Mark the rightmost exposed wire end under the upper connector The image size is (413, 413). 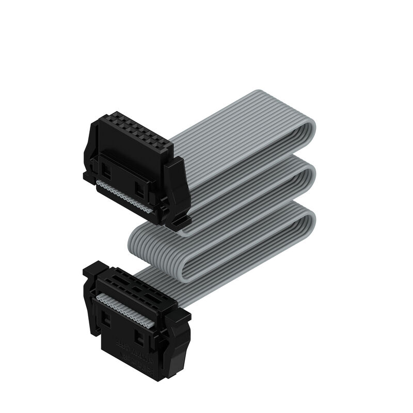[150, 211]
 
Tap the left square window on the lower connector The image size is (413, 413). [106, 320]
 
